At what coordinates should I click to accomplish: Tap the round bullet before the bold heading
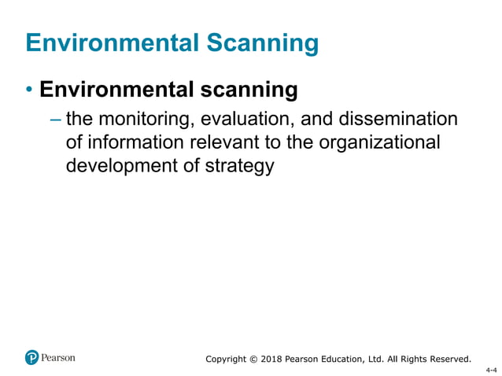tap(30, 90)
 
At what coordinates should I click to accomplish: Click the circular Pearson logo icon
tap(32, 357)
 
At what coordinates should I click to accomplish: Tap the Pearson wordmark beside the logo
tap(58, 357)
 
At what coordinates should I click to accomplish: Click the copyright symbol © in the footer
tap(253, 359)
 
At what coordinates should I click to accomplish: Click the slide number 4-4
tap(491, 368)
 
